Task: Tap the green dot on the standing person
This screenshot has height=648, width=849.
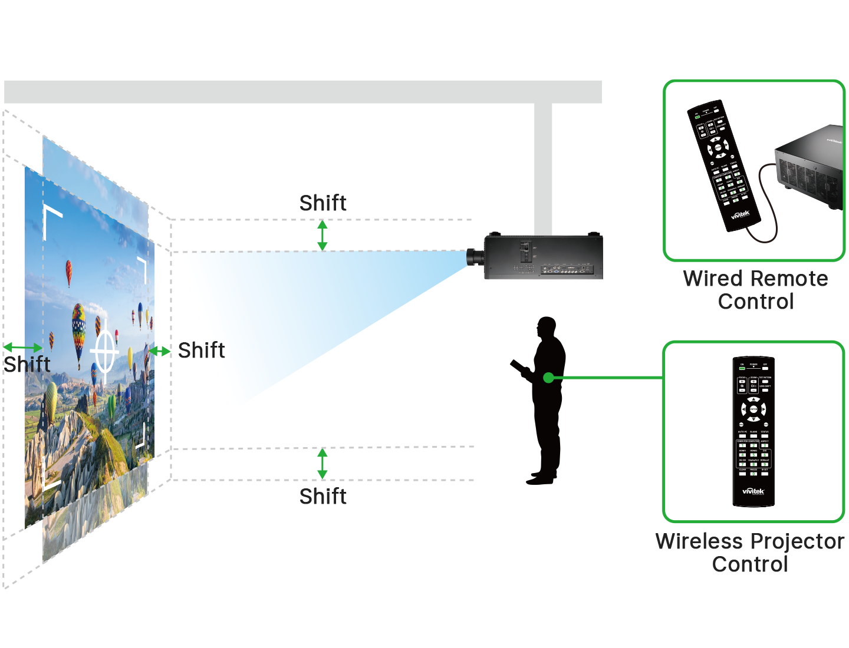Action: tap(548, 378)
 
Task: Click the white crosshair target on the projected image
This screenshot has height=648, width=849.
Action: tap(104, 352)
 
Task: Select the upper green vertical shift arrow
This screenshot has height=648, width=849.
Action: tap(323, 235)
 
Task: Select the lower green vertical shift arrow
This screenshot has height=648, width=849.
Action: tap(323, 463)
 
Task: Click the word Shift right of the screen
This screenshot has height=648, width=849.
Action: tap(201, 351)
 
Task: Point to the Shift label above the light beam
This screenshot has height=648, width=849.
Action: tap(323, 203)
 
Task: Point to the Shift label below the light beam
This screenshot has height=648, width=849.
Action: tap(323, 497)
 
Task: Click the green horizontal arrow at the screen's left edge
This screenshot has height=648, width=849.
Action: tap(23, 348)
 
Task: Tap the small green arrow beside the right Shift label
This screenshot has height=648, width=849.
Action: tap(159, 351)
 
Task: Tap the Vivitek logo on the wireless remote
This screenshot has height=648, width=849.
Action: tap(753, 491)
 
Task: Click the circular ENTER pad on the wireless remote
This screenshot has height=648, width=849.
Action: tap(753, 409)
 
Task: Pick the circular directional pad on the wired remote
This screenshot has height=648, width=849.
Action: tap(718, 147)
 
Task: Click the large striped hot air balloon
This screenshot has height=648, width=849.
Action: tap(78, 330)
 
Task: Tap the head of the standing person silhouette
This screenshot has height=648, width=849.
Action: tap(547, 327)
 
